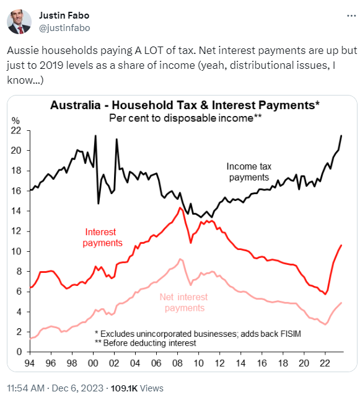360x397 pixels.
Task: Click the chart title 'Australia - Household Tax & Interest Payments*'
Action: tap(184, 105)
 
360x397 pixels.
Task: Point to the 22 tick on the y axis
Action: tap(17, 130)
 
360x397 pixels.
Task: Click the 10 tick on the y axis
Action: tap(17, 251)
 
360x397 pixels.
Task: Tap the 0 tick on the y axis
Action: tap(19, 352)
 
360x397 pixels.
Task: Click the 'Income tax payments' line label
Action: tap(249, 172)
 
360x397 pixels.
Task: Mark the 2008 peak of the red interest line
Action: tap(180, 207)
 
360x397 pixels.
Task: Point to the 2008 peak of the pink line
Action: tap(180, 259)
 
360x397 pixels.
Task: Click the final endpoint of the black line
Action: tap(341, 135)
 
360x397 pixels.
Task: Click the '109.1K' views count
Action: tap(124, 388)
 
